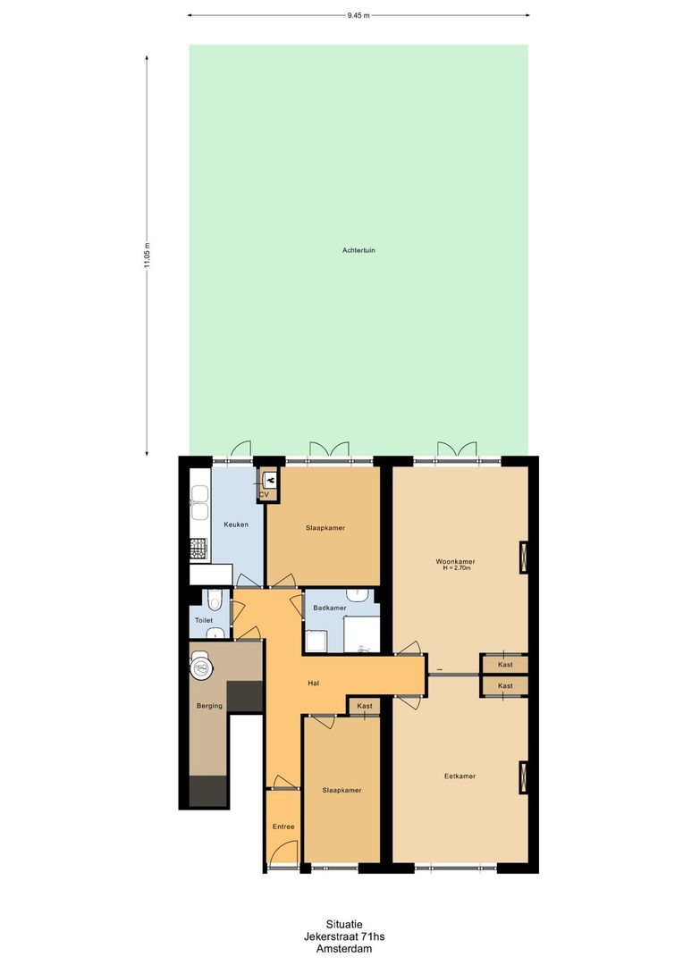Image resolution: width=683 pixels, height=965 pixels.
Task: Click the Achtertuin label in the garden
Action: point(358,250)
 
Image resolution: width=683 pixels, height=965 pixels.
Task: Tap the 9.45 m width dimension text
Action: point(358,15)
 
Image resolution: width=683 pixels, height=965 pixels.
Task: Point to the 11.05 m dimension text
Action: point(148,256)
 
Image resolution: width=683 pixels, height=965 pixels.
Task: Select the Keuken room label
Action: point(236,524)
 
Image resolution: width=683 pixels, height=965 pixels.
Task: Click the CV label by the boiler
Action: point(264,494)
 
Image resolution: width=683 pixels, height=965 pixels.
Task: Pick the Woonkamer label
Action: point(455,561)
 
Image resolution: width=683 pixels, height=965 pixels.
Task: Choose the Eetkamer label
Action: point(460,776)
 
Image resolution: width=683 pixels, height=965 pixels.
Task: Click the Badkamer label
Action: point(330,608)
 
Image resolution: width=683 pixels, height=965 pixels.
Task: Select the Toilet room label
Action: point(204,620)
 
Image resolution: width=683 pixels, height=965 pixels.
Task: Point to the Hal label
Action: point(313,684)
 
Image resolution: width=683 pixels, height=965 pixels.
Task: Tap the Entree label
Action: point(283,827)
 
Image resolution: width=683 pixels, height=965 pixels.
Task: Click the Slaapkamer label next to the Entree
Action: point(341,791)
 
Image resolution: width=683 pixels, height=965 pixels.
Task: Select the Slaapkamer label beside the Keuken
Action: point(325,528)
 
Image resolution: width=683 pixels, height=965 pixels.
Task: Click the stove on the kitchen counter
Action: point(198,547)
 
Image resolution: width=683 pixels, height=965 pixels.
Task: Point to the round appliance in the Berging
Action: point(202,663)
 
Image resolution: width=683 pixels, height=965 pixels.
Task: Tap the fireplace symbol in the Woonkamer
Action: point(523,558)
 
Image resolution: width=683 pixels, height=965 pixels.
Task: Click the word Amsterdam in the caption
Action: point(344,949)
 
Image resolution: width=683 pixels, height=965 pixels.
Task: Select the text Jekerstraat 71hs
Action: point(344,937)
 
